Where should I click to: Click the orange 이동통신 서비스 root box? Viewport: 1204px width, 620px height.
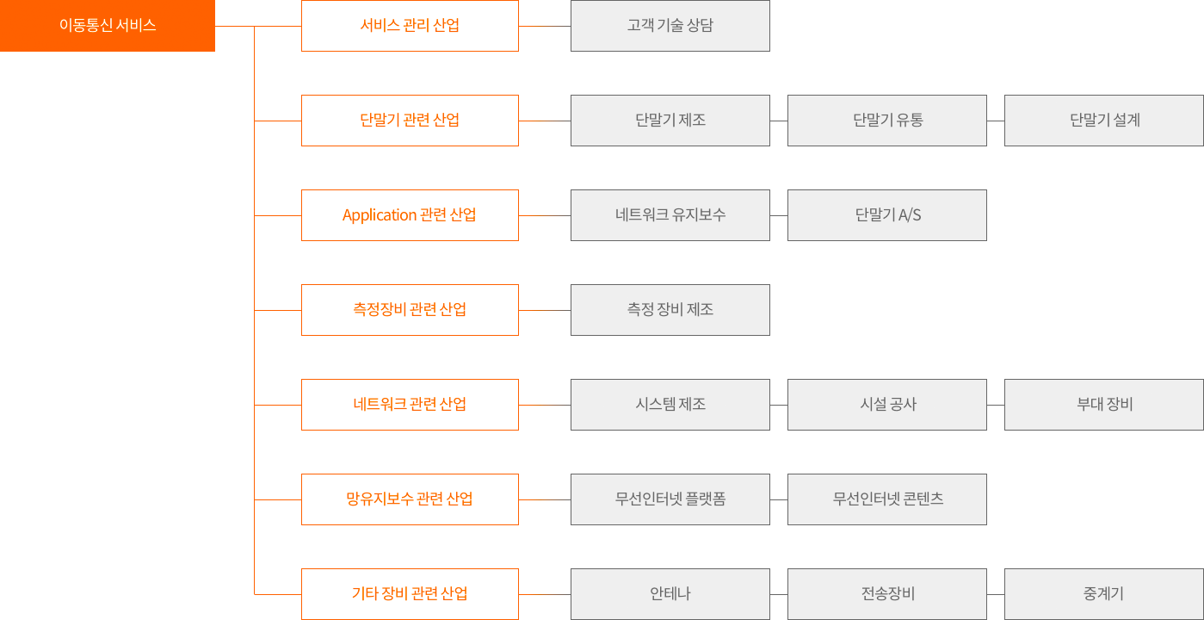click(108, 26)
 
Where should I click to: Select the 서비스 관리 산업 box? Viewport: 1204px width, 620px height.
click(410, 26)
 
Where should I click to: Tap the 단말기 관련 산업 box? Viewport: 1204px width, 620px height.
click(410, 121)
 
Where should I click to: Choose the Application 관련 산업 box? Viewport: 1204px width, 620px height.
click(410, 215)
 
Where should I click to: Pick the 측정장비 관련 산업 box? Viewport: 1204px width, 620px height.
click(410, 310)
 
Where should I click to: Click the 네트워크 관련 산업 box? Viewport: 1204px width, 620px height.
click(410, 405)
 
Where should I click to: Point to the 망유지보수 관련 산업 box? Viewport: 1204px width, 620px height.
click(410, 499)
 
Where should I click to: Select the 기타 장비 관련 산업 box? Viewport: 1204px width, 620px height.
click(410, 593)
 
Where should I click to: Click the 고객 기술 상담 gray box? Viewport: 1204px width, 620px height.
click(670, 26)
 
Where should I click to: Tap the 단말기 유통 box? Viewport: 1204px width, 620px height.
click(887, 121)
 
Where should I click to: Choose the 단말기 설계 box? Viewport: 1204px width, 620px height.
click(1104, 121)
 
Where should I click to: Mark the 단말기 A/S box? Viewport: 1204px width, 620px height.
click(887, 215)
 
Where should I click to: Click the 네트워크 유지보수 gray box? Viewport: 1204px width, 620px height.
click(670, 215)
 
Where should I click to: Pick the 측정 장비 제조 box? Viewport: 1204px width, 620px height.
click(670, 310)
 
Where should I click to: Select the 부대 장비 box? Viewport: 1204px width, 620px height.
click(1104, 405)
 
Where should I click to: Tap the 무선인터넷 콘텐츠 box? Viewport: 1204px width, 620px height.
click(887, 499)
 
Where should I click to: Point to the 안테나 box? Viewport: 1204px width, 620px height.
click(670, 593)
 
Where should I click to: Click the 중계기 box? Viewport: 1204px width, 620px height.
click(1104, 593)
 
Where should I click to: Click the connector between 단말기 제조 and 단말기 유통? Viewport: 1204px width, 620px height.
click(779, 121)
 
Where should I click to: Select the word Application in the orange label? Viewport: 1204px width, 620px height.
click(380, 215)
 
